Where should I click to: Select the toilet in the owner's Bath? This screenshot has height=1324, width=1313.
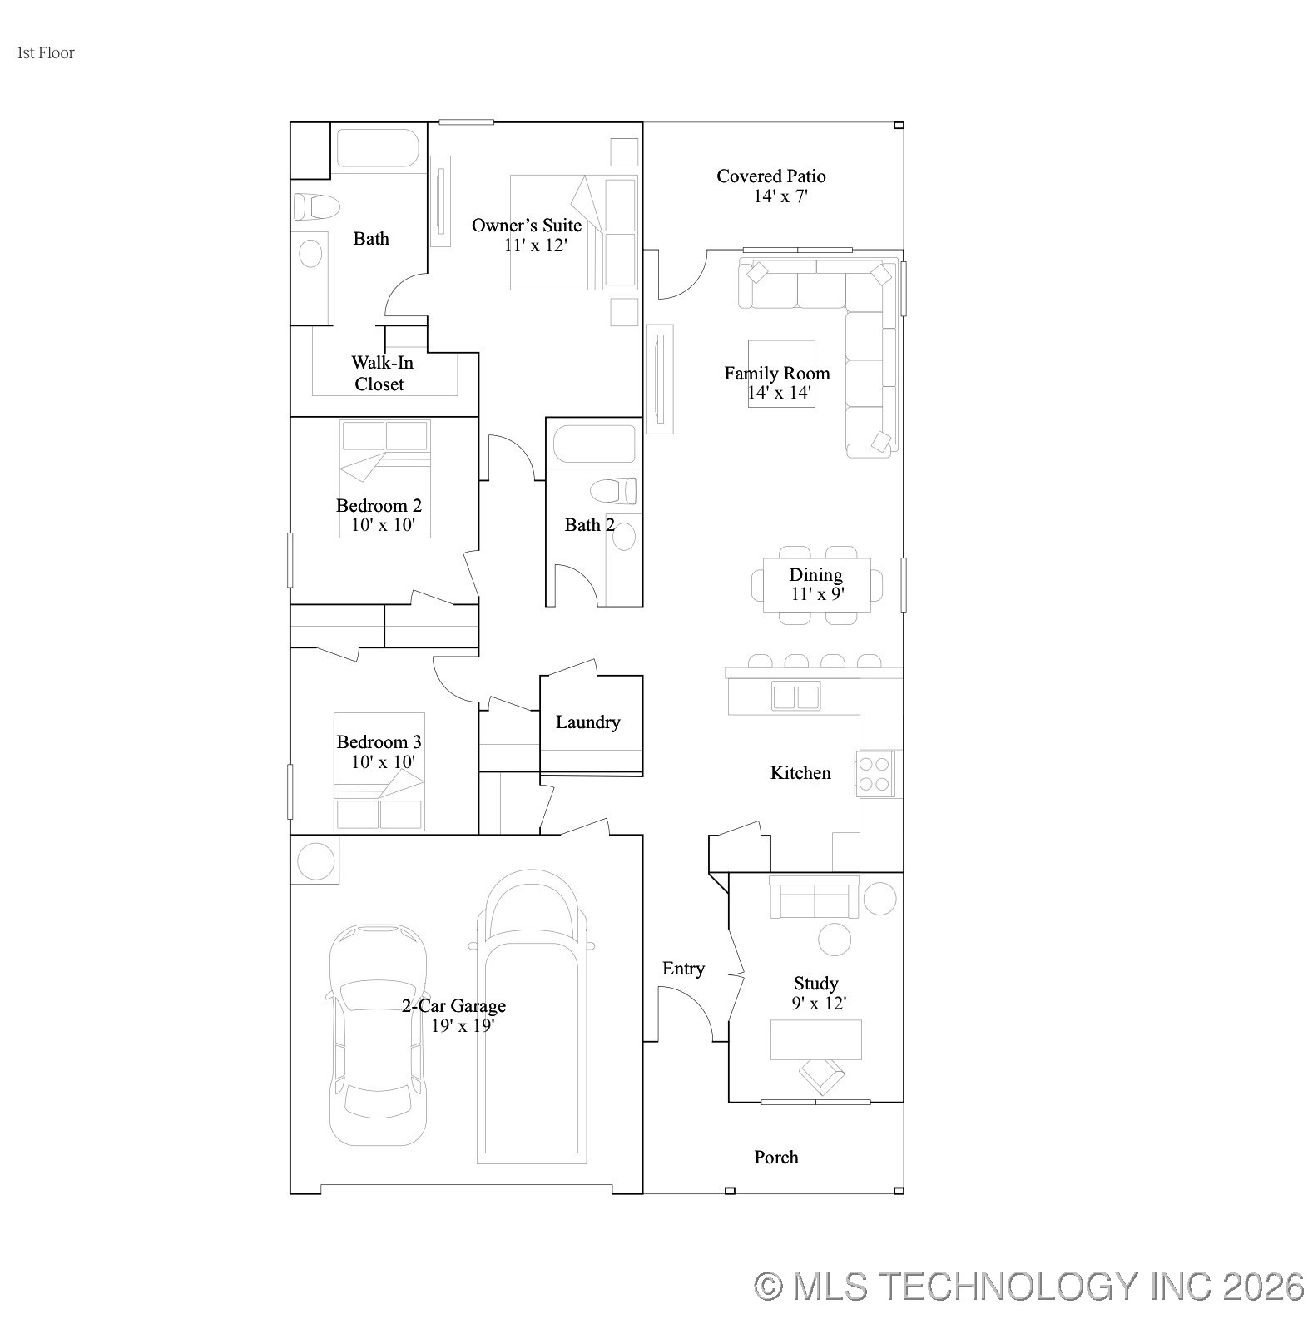[315, 206]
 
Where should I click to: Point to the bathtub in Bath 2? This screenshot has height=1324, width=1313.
[593, 444]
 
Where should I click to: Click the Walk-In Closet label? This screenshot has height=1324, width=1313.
[381, 373]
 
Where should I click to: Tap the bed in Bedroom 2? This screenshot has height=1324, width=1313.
[384, 479]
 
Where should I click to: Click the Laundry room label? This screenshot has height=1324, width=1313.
[587, 722]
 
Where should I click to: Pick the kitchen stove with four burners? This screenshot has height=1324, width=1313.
[875, 773]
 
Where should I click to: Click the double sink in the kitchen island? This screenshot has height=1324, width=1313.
[795, 695]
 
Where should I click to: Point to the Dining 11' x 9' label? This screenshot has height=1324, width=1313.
[815, 584]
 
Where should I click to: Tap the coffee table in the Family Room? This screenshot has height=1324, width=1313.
[780, 373]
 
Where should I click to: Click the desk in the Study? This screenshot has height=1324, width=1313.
[815, 1039]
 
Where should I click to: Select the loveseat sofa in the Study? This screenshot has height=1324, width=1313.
[813, 897]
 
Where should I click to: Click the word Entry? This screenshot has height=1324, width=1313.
[683, 969]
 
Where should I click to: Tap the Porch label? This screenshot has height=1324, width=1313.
[775, 1157]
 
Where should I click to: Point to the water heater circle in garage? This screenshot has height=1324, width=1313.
[315, 860]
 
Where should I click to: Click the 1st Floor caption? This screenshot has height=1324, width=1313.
[46, 53]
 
